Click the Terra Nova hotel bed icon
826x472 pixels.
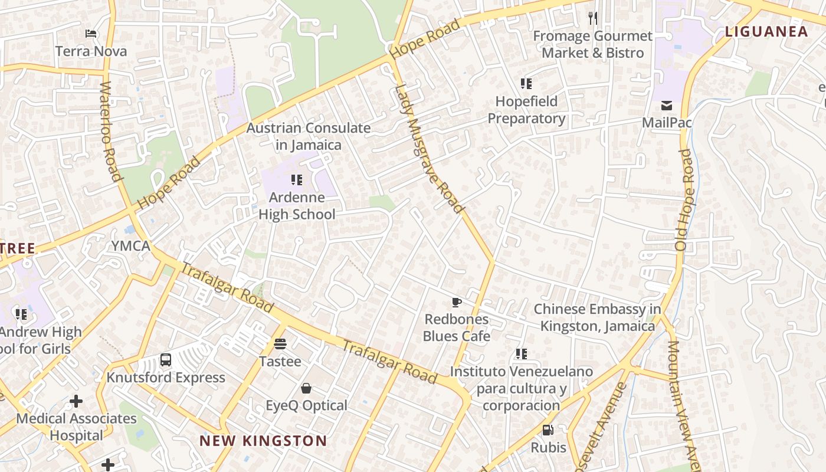click(91, 34)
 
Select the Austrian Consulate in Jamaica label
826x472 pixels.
click(309, 136)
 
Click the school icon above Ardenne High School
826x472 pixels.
click(297, 179)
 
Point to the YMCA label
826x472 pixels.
click(131, 246)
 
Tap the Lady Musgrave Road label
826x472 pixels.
click(429, 149)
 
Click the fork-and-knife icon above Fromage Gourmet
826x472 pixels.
click(593, 18)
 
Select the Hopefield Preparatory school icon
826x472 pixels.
click(526, 84)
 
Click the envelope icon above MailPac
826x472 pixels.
click(667, 106)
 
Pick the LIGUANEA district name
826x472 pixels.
click(766, 32)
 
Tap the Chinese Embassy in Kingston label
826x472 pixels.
click(597, 317)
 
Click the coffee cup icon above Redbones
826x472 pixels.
click(456, 303)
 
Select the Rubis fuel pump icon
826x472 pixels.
click(548, 430)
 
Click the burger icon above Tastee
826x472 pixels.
click(280, 344)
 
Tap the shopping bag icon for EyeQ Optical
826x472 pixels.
click(306, 388)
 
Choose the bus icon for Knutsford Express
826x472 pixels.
click(166, 360)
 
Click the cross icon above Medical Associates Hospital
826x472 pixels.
click(76, 402)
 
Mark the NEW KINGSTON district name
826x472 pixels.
click(263, 441)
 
